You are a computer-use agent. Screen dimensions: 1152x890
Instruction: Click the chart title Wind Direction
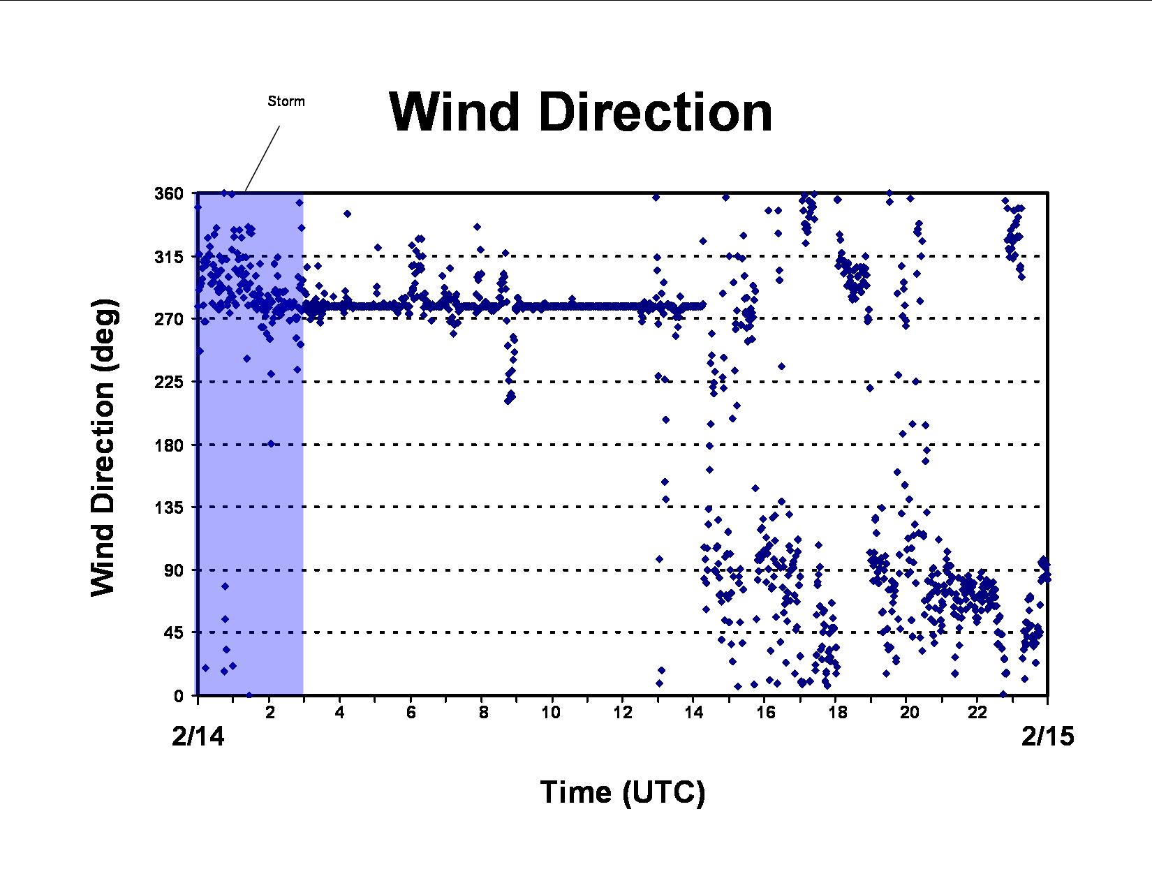pyautogui.click(x=580, y=112)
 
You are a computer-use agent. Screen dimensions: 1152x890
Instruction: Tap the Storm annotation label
pyautogui.click(x=286, y=101)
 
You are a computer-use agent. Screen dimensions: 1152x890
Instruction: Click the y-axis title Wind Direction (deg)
pyautogui.click(x=104, y=448)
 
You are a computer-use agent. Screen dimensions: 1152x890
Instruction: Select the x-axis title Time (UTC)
pyautogui.click(x=622, y=793)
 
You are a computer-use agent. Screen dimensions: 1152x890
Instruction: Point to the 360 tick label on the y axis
pyautogui.click(x=168, y=193)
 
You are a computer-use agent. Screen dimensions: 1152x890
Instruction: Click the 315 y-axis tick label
pyautogui.click(x=168, y=257)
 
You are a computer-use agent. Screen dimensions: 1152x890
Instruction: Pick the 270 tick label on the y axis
pyautogui.click(x=168, y=319)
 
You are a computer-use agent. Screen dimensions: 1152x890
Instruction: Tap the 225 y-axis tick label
pyautogui.click(x=168, y=382)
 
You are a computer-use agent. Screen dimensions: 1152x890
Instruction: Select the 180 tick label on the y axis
pyautogui.click(x=168, y=445)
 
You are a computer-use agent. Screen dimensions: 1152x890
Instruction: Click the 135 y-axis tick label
pyautogui.click(x=168, y=507)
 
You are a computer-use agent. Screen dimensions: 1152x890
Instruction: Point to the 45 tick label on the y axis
pyautogui.click(x=173, y=632)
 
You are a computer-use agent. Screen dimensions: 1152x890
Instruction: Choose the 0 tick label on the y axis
pyautogui.click(x=179, y=696)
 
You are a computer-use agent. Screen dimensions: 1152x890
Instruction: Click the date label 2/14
pyautogui.click(x=198, y=736)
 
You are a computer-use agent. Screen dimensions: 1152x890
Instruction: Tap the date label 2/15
pyautogui.click(x=1047, y=736)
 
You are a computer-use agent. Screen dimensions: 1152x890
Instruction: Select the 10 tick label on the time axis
pyautogui.click(x=552, y=713)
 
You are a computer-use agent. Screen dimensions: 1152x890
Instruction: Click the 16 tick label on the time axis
pyautogui.click(x=765, y=713)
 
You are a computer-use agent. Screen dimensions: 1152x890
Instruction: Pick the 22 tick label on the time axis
pyautogui.click(x=977, y=713)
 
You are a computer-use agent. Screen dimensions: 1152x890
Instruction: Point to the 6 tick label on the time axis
pyautogui.click(x=411, y=713)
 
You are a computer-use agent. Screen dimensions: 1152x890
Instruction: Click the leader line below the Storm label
pyautogui.click(x=263, y=158)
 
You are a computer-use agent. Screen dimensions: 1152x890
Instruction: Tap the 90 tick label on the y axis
pyautogui.click(x=173, y=570)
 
